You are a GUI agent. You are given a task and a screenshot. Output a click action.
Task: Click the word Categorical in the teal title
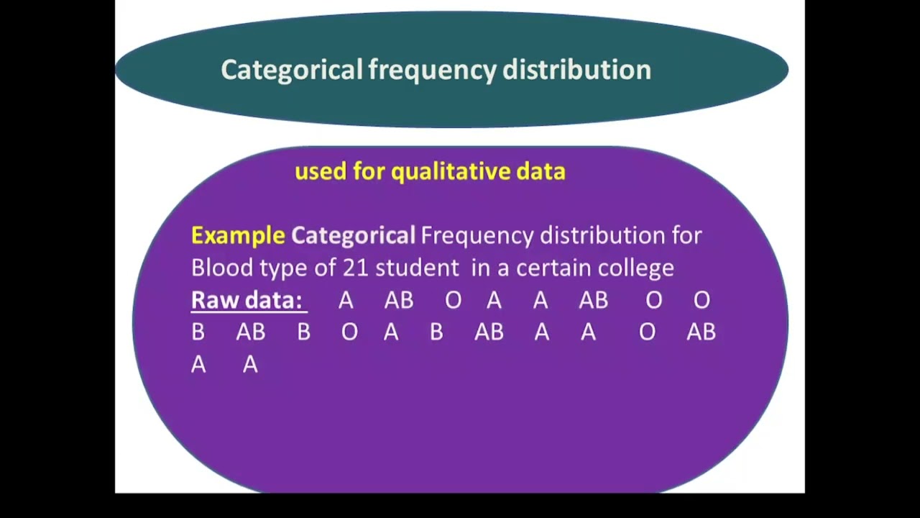(291, 70)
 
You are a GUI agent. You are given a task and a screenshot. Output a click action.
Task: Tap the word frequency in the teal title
(432, 70)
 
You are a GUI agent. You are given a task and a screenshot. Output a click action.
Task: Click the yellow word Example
(238, 235)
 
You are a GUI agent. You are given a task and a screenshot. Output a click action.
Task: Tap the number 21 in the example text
(356, 268)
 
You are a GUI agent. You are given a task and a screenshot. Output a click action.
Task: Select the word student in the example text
(417, 268)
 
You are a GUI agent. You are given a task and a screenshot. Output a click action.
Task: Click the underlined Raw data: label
(247, 300)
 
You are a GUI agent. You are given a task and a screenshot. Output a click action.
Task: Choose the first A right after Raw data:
(346, 300)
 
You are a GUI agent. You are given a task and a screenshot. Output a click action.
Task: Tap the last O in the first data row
(701, 300)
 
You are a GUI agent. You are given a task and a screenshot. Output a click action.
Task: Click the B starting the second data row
(198, 332)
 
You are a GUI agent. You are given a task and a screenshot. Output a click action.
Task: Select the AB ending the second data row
(701, 332)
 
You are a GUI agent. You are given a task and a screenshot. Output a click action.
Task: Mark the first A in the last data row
(198, 365)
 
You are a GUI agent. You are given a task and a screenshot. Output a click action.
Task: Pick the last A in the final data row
(250, 365)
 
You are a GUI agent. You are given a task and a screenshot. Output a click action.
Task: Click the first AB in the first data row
(399, 300)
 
